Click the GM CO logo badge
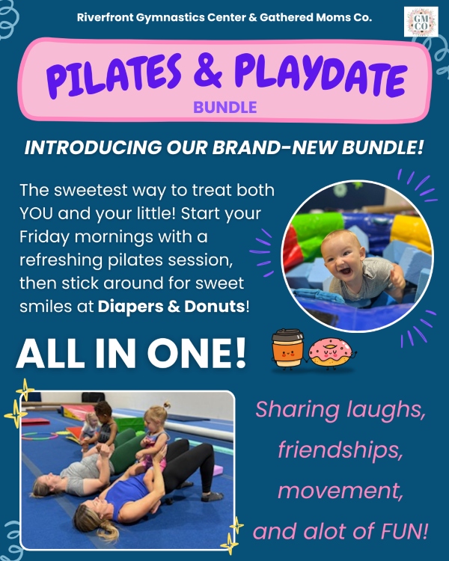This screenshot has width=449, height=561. point(421,22)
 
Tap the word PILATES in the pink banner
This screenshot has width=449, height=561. point(114,76)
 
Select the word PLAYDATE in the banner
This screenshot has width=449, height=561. point(321,75)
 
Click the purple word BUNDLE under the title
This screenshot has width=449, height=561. point(224,107)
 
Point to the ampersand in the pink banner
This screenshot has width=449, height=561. point(208,70)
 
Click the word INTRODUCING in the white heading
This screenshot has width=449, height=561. point(93,147)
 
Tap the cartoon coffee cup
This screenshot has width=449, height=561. point(287,349)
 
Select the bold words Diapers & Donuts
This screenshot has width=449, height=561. point(171,307)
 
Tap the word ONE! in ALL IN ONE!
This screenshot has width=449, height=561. point(197,354)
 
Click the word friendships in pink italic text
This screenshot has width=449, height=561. point(340,450)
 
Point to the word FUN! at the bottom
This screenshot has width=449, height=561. point(404,531)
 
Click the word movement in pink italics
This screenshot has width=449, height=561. point(340,491)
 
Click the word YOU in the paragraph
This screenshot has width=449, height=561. point(36,214)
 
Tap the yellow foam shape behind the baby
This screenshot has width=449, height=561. point(411,232)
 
